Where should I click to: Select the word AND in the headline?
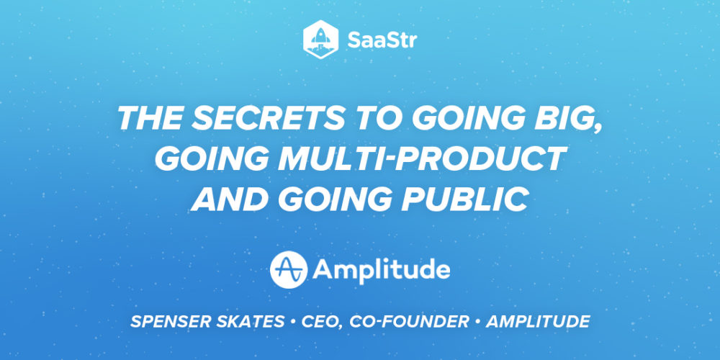click(x=228, y=199)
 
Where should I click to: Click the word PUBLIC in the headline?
click(x=465, y=199)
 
